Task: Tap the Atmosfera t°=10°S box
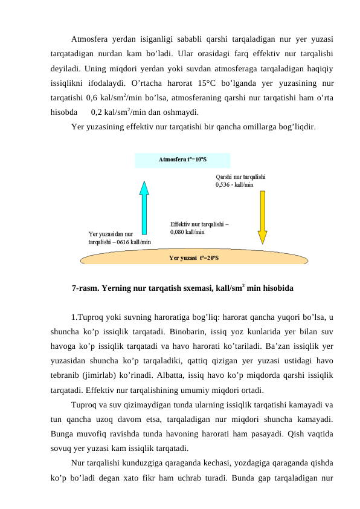[182, 160]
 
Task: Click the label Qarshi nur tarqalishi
[240, 177]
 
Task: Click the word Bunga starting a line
[62, 433]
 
